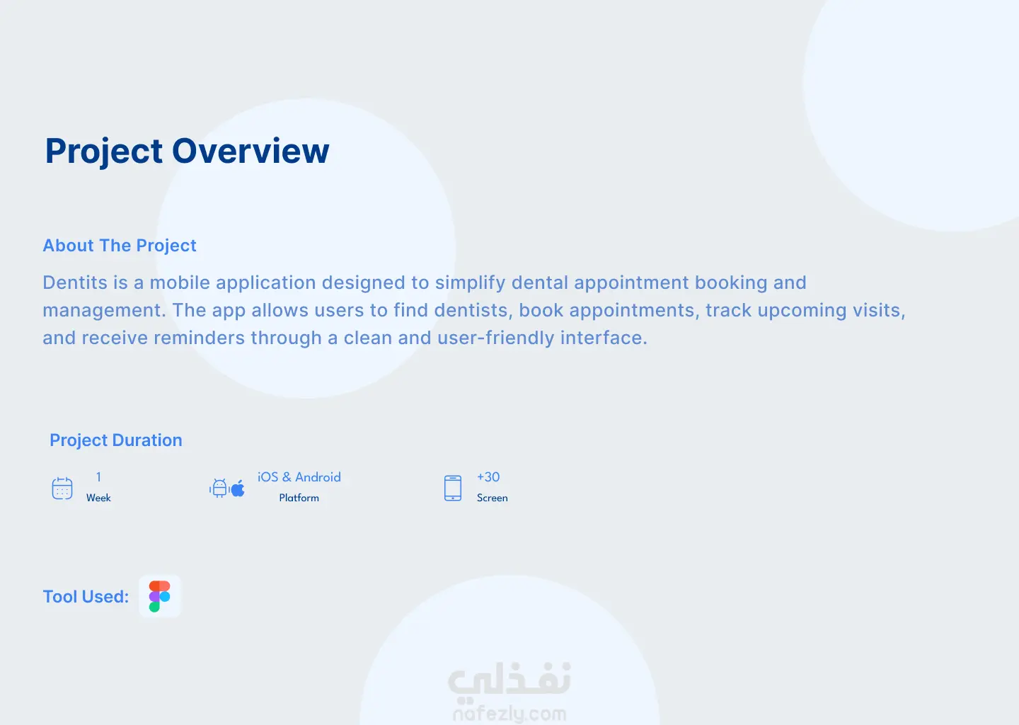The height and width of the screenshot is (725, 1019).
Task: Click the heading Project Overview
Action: point(187,152)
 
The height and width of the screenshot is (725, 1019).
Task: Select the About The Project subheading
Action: point(120,246)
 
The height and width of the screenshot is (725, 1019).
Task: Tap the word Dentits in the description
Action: point(75,282)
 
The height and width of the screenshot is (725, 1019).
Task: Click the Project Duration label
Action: point(116,440)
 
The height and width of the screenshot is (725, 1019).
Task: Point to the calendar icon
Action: point(62,489)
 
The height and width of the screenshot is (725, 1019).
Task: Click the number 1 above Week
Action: point(99,477)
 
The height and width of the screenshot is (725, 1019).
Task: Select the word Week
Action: point(99,498)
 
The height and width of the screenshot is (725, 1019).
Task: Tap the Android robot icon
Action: point(219,489)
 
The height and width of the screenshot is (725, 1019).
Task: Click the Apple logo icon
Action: point(238,489)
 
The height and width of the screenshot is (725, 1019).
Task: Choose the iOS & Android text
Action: point(299,477)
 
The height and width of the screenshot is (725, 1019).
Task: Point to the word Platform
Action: point(299,498)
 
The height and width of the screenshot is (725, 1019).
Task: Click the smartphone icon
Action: point(453,489)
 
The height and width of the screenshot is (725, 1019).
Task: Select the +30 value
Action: point(488,477)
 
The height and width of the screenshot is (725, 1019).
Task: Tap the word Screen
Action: point(493,498)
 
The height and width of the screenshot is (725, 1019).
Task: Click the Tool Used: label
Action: point(86,597)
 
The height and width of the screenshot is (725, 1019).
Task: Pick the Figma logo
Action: point(160,596)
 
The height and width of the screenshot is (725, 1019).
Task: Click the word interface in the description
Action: point(604,338)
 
